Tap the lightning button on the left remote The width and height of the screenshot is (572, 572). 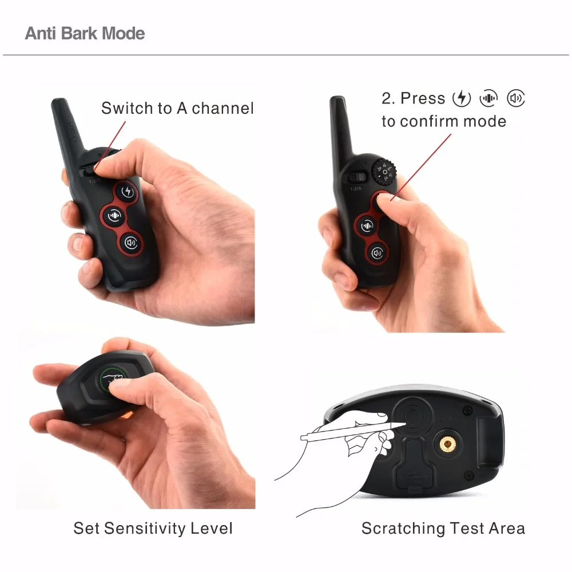pyautogui.click(x=126, y=191)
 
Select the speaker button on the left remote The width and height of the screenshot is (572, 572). pyautogui.click(x=132, y=243)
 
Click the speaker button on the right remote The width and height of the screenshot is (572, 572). pyautogui.click(x=376, y=252)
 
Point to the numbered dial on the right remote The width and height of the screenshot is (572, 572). pyautogui.click(x=384, y=171)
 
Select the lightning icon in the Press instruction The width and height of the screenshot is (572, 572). pyautogui.click(x=462, y=98)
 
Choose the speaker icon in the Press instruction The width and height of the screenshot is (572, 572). pyautogui.click(x=516, y=98)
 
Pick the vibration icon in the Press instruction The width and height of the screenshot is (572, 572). pyautogui.click(x=488, y=98)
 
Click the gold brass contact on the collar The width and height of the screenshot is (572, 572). pyautogui.click(x=444, y=442)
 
